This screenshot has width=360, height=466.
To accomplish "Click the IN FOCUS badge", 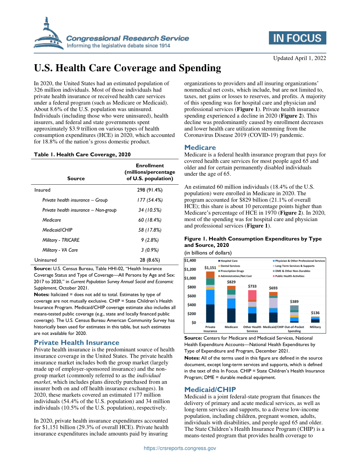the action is point(297,38).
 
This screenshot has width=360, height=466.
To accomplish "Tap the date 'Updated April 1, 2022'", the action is point(299,58).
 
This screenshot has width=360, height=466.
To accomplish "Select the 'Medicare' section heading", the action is point(200,148).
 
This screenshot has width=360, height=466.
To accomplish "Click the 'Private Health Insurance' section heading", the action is point(76,342).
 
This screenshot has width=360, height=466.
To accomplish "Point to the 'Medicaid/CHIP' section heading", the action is point(210,389).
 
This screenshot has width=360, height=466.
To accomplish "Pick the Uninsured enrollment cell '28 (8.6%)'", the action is point(150,260).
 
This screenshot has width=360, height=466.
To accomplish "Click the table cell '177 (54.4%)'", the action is point(150,200).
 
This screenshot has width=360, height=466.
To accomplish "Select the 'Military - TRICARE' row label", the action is point(61,240).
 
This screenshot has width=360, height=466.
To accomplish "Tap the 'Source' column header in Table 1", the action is point(76,178).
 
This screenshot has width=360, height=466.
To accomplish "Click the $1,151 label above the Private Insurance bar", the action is point(210,268).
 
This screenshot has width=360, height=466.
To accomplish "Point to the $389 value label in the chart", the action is point(294,301).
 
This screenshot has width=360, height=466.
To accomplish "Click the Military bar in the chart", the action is point(315,320).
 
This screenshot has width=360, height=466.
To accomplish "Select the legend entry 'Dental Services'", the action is point(229,266).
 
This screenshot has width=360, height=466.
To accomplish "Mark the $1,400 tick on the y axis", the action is point(190,261).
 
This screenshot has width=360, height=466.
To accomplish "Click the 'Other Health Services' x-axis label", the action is point(252,329).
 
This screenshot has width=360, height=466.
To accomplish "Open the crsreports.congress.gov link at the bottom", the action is point(180,448).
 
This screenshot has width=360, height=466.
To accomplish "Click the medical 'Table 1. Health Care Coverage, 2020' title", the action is point(82,154).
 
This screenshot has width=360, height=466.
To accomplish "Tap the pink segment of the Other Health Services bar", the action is point(252,295).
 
